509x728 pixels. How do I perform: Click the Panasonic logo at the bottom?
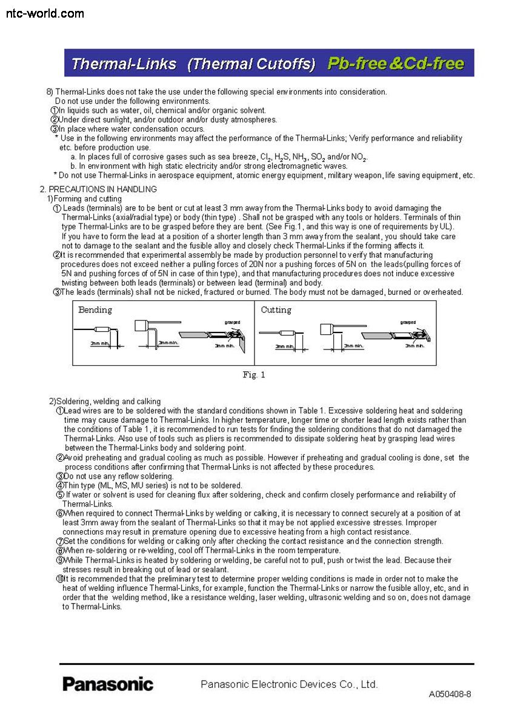[108, 684]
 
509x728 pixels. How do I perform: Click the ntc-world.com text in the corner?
[45, 13]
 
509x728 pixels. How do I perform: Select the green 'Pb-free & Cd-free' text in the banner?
[396, 64]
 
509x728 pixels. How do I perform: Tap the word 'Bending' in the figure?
[95, 310]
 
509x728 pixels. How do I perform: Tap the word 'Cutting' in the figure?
[276, 310]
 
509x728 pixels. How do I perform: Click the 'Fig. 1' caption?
[254, 375]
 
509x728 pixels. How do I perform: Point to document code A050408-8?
[450, 694]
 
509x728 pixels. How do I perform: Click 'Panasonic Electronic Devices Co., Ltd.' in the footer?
[289, 684]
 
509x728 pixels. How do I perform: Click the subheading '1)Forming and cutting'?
[84, 198]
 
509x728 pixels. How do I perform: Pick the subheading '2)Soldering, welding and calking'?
[105, 401]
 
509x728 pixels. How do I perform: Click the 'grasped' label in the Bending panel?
[232, 322]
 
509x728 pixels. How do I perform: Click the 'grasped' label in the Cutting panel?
[408, 322]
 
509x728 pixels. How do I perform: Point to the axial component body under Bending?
[102, 329]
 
